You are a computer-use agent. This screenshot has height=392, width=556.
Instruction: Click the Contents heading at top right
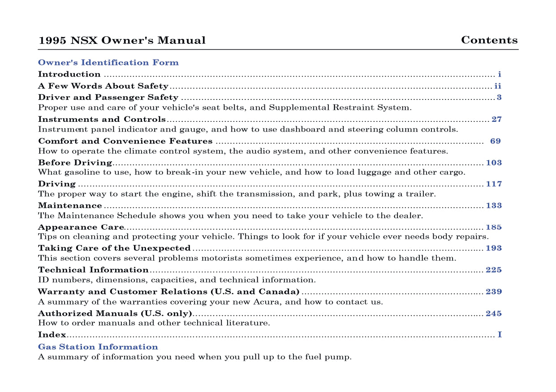pos(489,40)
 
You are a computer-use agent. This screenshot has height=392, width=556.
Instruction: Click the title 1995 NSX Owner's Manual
pos(122,40)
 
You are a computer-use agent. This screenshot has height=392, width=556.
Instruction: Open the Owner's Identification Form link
pos(108,63)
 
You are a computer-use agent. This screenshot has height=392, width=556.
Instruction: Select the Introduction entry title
pos(69,74)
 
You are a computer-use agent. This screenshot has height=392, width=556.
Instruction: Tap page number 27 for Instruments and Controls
pos(496,120)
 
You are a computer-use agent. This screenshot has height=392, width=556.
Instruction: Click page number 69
pos(495,141)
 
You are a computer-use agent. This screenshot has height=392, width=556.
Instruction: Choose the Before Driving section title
pos(75,163)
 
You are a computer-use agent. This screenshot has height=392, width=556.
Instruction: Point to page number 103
pos(494,163)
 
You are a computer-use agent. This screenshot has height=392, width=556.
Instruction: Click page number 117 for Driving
pos(494,184)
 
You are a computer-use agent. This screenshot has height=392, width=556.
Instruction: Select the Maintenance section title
pos(70,206)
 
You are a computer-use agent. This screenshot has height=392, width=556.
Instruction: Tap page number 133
pos(494,206)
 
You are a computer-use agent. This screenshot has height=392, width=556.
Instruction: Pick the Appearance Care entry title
pos(81,227)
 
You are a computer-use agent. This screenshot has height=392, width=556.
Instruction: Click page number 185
pos(494,227)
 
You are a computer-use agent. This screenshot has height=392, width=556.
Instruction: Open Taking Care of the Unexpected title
pos(114,248)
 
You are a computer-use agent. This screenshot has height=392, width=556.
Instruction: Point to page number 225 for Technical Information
pos(494,270)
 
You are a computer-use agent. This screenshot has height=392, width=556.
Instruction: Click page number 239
pos(494,292)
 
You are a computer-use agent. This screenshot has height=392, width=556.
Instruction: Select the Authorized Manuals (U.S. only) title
pos(115,314)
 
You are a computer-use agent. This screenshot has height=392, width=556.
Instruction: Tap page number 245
pos(494,314)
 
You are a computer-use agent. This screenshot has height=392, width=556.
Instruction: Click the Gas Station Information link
pos(98,347)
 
